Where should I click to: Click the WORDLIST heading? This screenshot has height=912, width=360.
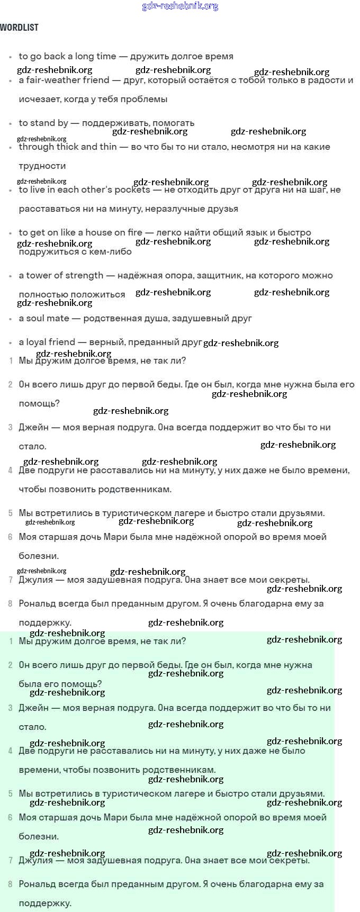tap(19, 28)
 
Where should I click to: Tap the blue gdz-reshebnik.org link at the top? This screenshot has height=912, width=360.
tap(180, 6)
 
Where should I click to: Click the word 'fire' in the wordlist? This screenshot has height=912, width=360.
tap(133, 232)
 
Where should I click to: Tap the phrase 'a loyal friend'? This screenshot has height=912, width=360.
tap(47, 342)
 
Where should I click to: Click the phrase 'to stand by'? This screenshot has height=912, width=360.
tap(43, 123)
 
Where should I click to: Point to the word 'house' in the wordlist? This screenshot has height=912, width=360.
tap(97, 232)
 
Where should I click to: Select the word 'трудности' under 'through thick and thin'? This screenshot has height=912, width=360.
tap(42, 166)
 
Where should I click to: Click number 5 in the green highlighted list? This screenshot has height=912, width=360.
tap(11, 793)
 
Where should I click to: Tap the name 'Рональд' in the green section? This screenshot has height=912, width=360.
tap(36, 884)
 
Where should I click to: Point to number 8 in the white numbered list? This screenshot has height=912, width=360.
tap(11, 603)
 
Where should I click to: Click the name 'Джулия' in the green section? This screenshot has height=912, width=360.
tap(35, 860)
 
